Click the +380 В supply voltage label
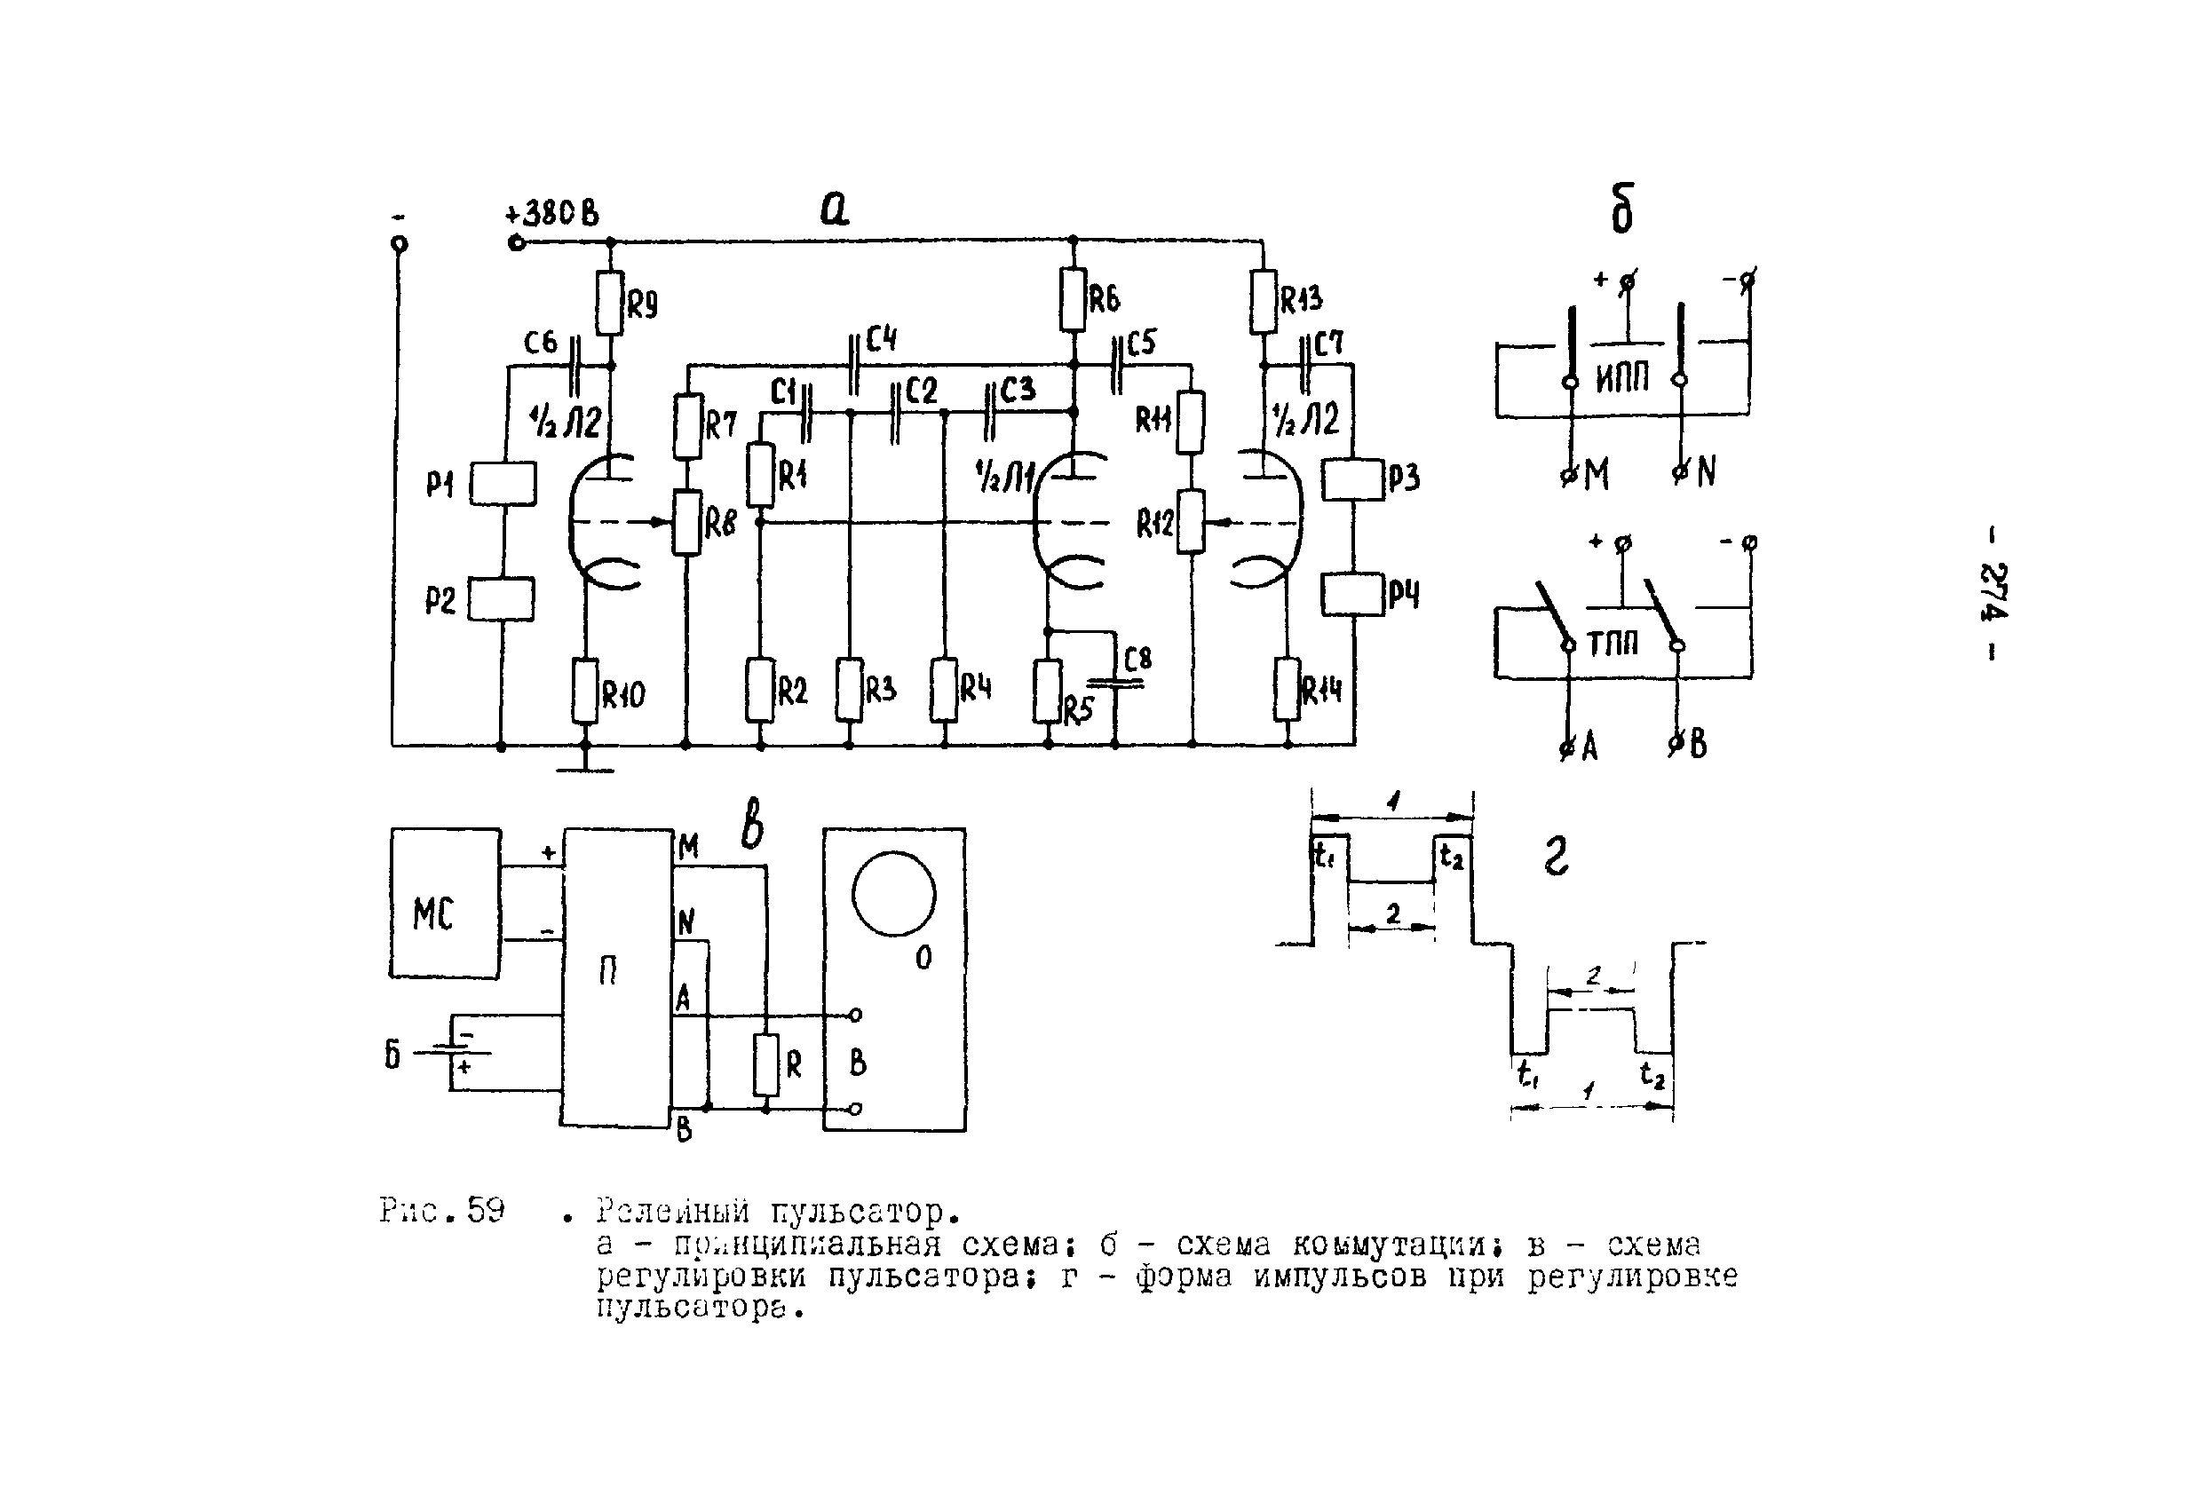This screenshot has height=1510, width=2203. click(552, 213)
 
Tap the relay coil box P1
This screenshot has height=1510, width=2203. click(503, 484)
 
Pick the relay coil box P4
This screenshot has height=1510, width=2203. click(1352, 595)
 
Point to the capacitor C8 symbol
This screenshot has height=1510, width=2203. click(1116, 682)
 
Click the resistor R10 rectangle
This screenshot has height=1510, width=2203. click(586, 692)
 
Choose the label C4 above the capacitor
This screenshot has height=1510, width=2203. click(881, 338)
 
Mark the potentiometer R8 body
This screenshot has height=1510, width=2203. click(686, 522)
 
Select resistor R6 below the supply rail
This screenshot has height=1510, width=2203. click(1073, 299)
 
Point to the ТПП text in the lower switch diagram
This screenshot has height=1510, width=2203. click(1613, 644)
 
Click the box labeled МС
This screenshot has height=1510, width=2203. click(446, 904)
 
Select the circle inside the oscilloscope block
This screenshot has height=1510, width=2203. click(894, 894)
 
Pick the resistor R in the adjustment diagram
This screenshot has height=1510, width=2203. click(766, 1065)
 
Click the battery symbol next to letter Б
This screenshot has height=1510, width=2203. click(462, 1052)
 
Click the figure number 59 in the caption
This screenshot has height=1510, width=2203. click(486, 1211)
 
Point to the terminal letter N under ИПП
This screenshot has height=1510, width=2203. click(1706, 471)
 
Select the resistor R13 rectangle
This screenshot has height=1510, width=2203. click(1263, 303)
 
